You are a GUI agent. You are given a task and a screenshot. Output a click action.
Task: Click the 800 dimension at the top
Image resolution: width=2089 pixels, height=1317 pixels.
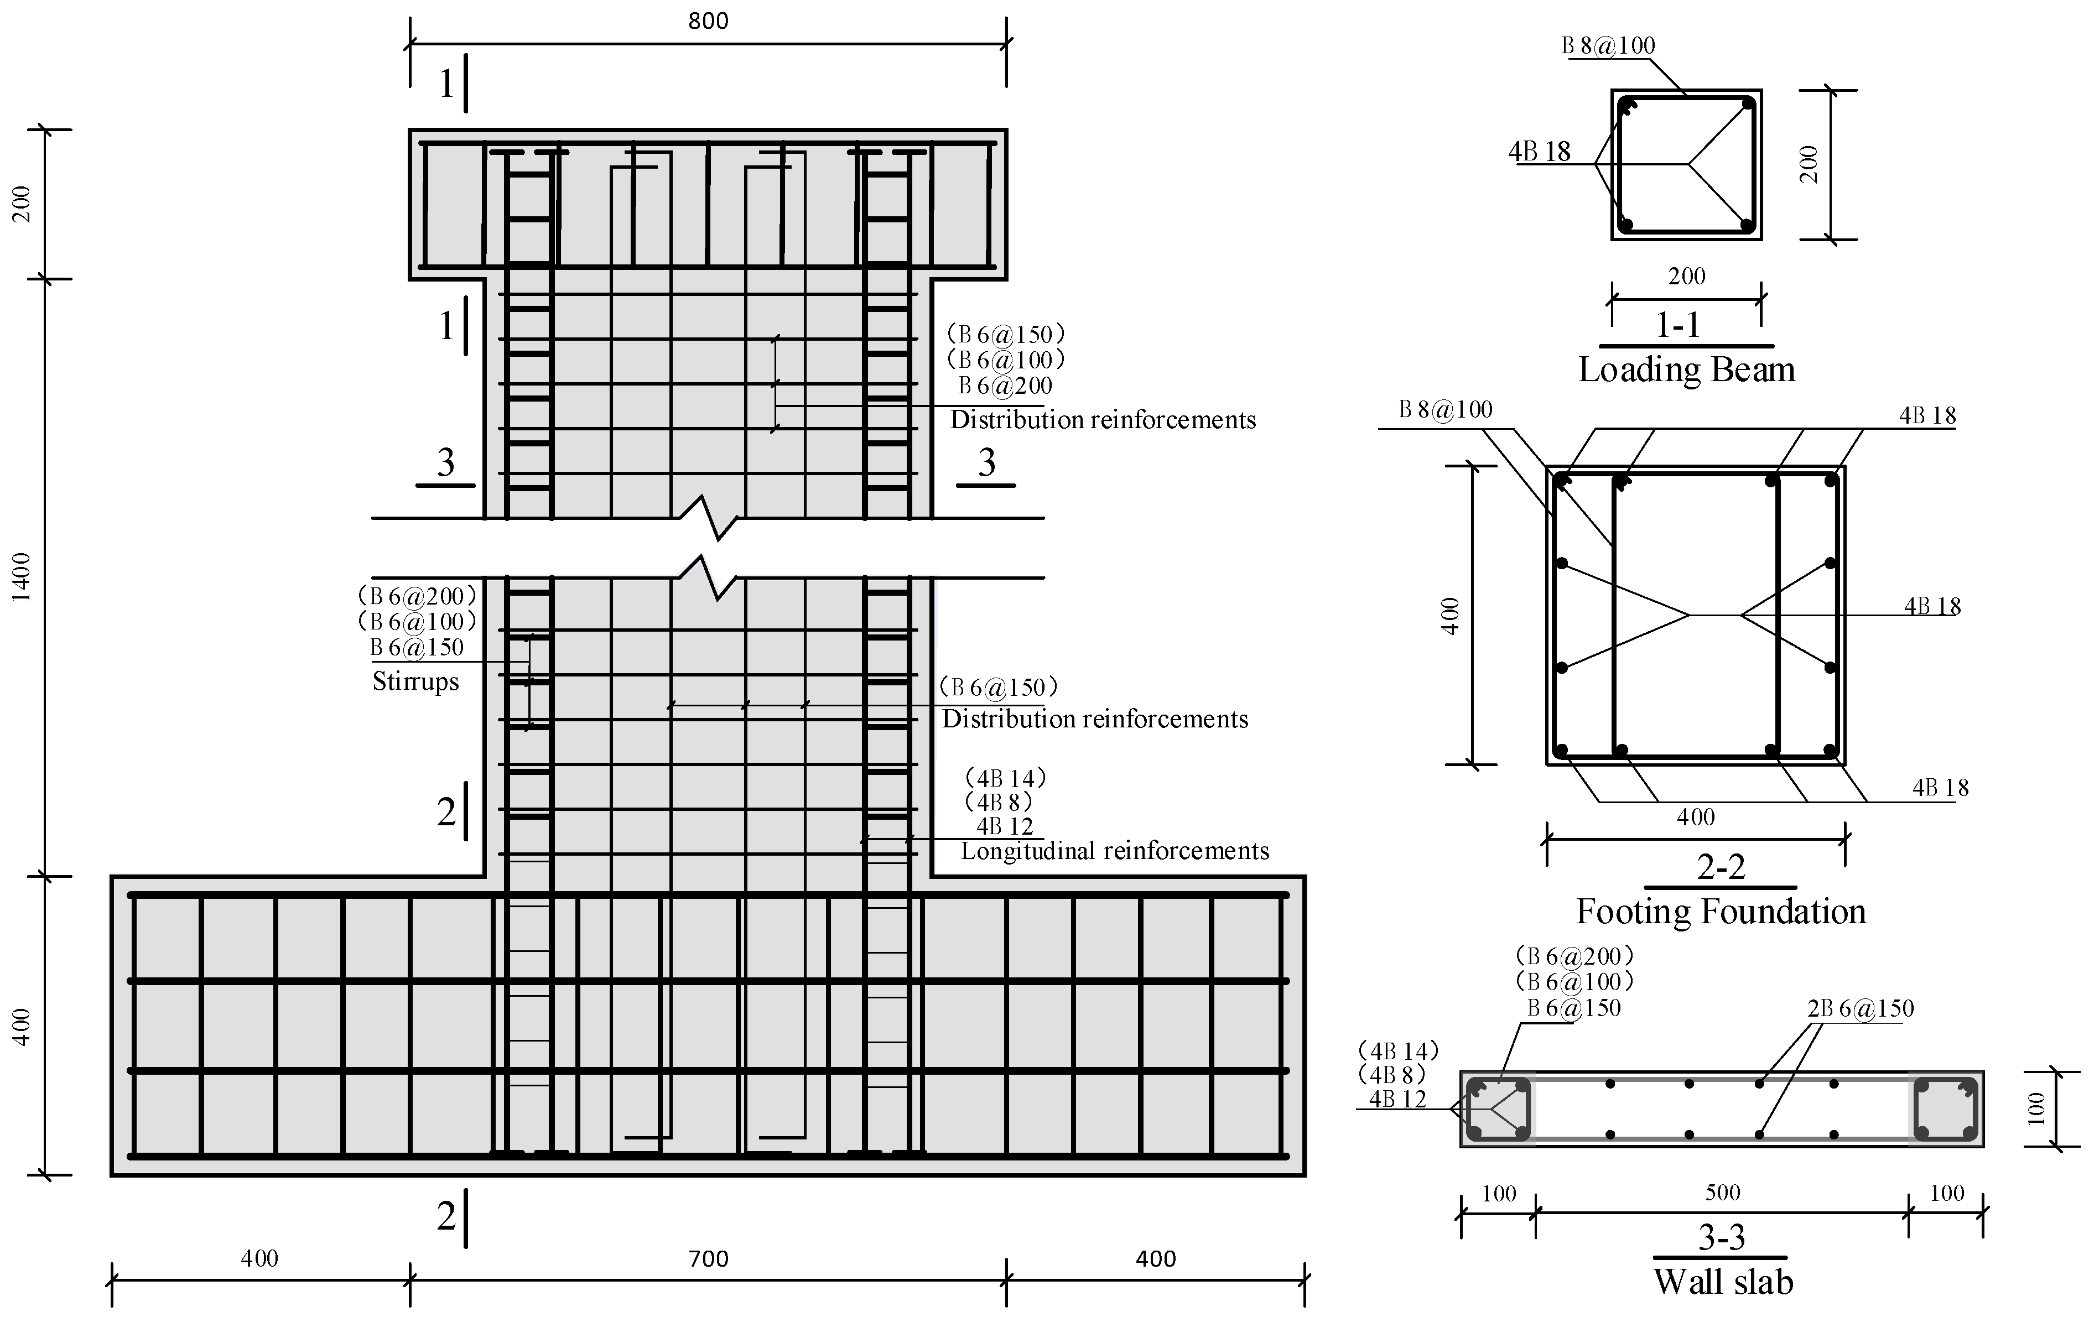[x=708, y=21]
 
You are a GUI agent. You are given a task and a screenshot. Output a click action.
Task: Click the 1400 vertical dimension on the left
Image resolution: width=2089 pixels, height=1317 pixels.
[x=23, y=577]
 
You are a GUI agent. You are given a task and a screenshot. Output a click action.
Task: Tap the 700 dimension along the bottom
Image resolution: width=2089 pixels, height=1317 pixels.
[x=708, y=1259]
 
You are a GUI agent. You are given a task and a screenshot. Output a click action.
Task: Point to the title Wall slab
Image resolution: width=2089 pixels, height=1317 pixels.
[x=1722, y=1282]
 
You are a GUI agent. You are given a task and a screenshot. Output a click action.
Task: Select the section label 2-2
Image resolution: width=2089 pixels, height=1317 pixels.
[x=1721, y=867]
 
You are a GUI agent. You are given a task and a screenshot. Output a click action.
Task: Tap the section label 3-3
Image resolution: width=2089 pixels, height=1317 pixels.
[x=1721, y=1237]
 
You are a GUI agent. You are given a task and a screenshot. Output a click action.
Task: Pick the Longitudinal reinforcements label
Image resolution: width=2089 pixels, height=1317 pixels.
[x=1114, y=851]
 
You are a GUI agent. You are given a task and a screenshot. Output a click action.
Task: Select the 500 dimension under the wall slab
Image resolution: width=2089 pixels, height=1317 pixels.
[x=1722, y=1193]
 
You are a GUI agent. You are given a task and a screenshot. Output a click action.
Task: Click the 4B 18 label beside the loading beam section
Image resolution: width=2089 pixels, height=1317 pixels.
[x=1539, y=152]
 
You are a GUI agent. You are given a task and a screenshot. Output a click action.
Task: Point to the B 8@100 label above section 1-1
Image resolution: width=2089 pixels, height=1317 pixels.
[x=1608, y=46]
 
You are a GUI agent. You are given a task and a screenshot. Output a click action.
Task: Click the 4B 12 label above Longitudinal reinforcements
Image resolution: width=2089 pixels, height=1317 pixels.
[x=1005, y=827]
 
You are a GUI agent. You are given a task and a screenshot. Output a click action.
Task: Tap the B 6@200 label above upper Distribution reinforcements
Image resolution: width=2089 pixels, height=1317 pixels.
[x=1005, y=386]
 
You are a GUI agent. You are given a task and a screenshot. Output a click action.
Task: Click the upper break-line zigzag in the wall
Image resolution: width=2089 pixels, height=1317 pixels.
[x=709, y=517]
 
